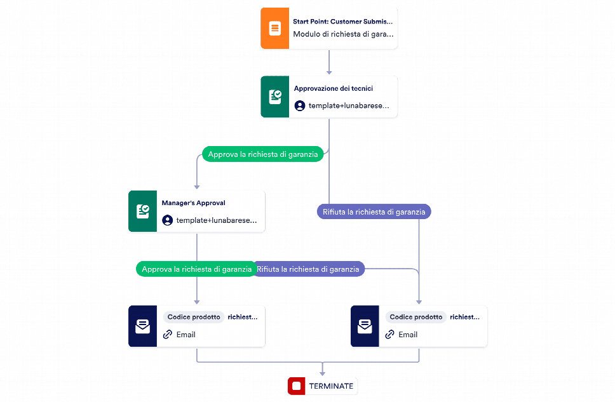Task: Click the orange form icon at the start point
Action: [274, 28]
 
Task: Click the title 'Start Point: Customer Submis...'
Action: [342, 22]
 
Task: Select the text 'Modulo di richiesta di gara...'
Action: [343, 34]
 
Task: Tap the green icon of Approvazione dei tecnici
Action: [274, 97]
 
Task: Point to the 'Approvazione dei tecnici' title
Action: [334, 89]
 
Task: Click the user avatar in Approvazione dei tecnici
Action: [300, 105]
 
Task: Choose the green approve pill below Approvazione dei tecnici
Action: [263, 154]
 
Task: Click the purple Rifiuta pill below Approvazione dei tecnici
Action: [374, 211]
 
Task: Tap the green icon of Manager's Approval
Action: [142, 211]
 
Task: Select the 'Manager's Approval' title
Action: [193, 203]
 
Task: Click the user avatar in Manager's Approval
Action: [168, 220]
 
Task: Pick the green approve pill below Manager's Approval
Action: [196, 269]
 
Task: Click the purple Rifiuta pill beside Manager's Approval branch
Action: [308, 269]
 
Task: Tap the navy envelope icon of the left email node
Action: [142, 326]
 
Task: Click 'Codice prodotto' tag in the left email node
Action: [194, 317]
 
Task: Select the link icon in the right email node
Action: [389, 334]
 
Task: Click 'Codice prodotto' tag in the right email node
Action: [416, 317]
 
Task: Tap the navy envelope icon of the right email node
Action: [365, 326]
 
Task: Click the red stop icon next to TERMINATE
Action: [297, 386]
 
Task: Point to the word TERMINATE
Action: [331, 386]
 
